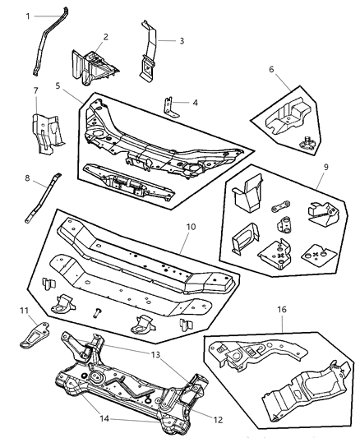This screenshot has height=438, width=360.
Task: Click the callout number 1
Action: [x=27, y=16]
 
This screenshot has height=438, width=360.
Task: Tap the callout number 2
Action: [x=105, y=38]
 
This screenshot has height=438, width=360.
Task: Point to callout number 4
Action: [x=195, y=103]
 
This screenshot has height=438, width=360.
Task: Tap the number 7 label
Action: [x=35, y=90]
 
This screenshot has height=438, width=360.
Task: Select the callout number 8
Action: [x=26, y=176]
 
